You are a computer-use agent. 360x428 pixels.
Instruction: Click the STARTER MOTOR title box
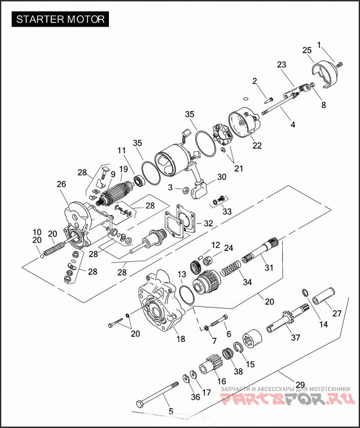coord(60,19)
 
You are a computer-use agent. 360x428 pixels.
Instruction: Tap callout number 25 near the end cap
coord(307,50)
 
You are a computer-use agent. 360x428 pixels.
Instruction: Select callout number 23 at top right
coord(282,65)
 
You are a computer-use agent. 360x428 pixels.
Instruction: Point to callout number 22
coord(257,145)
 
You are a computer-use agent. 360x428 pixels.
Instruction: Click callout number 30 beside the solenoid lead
coord(221,177)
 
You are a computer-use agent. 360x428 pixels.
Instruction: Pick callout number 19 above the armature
coord(123,168)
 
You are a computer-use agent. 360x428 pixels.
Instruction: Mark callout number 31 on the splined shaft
coord(269,267)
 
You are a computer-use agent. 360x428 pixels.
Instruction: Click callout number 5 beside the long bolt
coord(171,411)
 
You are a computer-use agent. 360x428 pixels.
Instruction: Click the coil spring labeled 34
coord(230,271)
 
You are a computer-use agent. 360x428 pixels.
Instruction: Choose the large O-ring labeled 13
coord(186,295)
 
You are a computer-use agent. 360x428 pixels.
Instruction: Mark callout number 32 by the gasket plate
coord(209,223)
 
